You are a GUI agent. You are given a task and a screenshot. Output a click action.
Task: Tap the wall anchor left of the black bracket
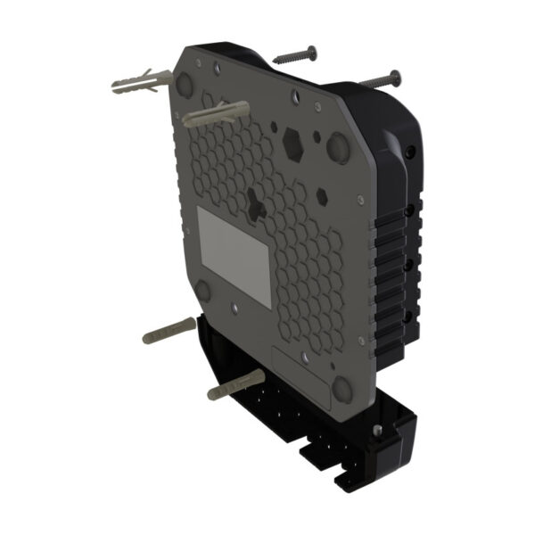point(169,330)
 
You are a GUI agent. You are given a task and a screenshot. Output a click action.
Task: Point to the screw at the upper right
point(379,79)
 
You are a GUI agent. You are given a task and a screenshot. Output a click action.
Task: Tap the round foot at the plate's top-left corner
point(185,85)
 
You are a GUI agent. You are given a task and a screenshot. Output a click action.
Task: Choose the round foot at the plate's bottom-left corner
point(202,291)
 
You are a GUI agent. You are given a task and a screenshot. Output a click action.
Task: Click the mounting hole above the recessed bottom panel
point(306,356)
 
